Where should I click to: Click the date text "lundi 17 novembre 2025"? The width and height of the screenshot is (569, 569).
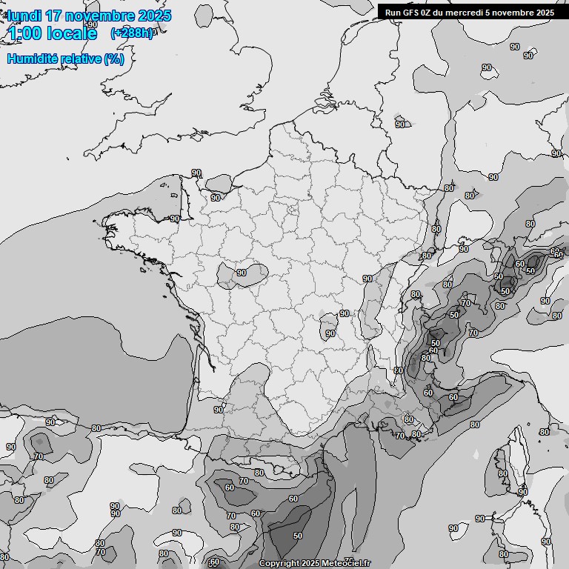(89, 16)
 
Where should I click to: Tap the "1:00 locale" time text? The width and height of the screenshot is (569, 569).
(52, 33)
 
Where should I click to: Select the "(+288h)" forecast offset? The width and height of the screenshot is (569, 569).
(132, 33)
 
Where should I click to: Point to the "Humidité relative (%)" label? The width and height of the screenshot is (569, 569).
(65, 59)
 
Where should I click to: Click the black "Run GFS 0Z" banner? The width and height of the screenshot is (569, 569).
(470, 12)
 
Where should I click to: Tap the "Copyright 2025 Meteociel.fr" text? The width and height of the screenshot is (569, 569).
(315, 563)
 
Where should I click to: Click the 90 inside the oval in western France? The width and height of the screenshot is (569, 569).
(242, 273)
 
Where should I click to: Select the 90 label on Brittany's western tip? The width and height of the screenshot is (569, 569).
(175, 219)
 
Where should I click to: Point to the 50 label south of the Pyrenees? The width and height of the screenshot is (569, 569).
(298, 535)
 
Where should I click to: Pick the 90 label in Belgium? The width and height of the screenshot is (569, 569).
(400, 124)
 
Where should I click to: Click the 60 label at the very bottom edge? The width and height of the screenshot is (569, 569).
(215, 562)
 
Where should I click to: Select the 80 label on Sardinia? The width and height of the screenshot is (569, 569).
(504, 554)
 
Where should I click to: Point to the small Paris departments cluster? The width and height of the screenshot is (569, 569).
(292, 210)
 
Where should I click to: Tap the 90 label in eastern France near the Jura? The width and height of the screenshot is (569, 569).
(367, 279)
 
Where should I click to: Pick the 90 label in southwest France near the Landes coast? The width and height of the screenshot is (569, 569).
(219, 410)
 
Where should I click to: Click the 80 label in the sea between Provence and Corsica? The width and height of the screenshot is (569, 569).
(475, 425)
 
